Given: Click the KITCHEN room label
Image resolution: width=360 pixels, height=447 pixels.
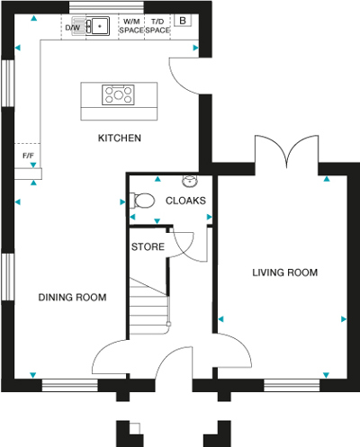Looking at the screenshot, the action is (120, 138).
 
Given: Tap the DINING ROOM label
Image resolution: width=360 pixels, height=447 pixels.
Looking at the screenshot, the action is (72, 297).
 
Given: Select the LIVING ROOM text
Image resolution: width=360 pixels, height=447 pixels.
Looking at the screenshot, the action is (284, 273).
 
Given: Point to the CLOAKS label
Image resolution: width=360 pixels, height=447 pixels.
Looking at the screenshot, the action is (185, 201).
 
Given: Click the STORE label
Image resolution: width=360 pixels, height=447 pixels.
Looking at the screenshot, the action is (148, 246).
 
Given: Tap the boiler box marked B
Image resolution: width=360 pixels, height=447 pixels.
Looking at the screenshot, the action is (183, 21).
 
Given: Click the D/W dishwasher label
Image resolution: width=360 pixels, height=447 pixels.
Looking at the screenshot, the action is (73, 28).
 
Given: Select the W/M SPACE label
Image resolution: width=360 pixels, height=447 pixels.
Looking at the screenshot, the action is (131, 26).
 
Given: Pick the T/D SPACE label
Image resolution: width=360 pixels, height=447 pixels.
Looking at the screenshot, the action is (157, 26).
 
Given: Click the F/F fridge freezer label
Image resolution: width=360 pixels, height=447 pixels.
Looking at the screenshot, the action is (28, 156).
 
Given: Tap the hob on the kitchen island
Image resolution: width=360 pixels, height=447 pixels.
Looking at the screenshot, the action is (118, 94).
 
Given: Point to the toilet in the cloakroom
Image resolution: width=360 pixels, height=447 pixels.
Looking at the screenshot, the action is (142, 201).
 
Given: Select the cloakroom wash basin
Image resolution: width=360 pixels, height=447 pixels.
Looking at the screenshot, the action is (190, 182).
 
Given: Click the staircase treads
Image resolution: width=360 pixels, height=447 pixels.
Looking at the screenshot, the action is (149, 307).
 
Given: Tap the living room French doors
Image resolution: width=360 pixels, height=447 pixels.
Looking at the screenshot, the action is (286, 153).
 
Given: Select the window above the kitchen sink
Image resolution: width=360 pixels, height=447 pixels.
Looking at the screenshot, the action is (106, 7).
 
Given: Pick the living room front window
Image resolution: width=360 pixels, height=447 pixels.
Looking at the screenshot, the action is (292, 385).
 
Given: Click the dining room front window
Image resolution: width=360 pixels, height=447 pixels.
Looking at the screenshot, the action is (70, 385).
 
